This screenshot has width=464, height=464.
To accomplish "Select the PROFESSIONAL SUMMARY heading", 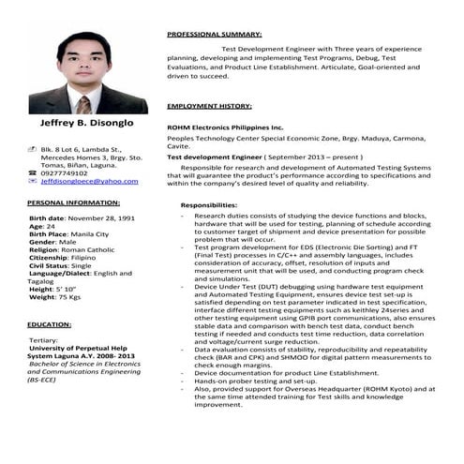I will (x=214, y=34).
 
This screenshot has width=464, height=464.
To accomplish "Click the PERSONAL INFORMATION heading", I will (x=72, y=202).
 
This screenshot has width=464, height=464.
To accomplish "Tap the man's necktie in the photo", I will (x=83, y=102).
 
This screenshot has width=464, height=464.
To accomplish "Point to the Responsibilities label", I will (x=209, y=204).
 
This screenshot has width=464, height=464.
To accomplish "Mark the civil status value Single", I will (x=82, y=265).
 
